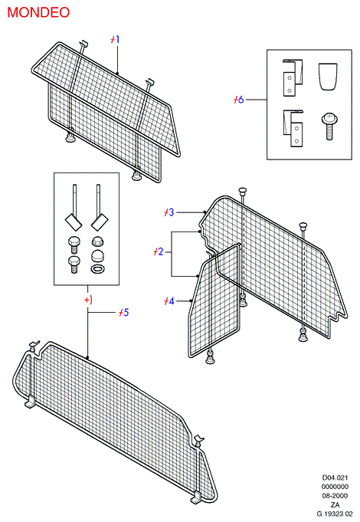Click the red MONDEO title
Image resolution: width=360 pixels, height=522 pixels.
click(38, 13)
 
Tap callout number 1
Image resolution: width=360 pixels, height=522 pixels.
click(115, 40)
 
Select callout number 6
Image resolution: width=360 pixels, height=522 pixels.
click(238, 100)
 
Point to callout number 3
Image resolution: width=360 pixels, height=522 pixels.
click(169, 212)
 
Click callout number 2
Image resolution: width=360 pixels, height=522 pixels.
click(159, 251)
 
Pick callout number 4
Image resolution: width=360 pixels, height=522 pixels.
click(169, 301)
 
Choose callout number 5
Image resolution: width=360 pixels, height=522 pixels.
click(124, 312)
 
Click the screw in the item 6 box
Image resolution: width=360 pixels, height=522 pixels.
click(329, 126)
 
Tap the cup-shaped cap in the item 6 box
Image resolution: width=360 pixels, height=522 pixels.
click(329, 77)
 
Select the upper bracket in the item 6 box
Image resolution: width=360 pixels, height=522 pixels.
click(293, 78)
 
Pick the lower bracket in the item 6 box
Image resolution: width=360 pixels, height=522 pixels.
click(293, 128)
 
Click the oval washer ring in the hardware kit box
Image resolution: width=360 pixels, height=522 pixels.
click(97, 268)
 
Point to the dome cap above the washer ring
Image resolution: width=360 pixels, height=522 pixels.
click(97, 256)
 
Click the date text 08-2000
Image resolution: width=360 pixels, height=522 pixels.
click(335, 496)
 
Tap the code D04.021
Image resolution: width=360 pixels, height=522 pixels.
click(335, 478)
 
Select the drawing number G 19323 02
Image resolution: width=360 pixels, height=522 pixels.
click(335, 514)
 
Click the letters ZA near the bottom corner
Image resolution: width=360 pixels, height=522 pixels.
click(335, 504)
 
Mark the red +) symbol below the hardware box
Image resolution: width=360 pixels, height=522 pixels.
click(88, 300)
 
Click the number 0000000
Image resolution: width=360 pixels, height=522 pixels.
click(335, 487)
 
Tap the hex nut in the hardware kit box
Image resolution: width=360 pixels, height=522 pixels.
click(97, 241)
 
